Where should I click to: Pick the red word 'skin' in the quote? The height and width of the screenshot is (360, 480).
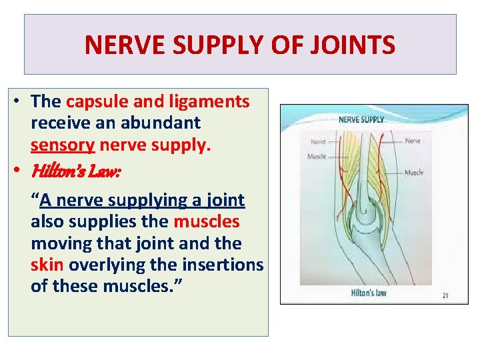coord(47,265)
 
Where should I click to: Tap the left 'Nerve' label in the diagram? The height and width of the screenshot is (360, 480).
coord(318,142)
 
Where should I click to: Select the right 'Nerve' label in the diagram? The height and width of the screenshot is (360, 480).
coord(413,141)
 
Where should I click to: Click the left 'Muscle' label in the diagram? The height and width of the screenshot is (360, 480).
coord(317,157)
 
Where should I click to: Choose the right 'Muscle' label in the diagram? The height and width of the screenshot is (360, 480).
coord(414,173)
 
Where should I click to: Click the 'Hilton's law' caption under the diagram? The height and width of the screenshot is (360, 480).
coord(369,293)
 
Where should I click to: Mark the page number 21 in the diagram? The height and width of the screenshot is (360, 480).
coord(445,295)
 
